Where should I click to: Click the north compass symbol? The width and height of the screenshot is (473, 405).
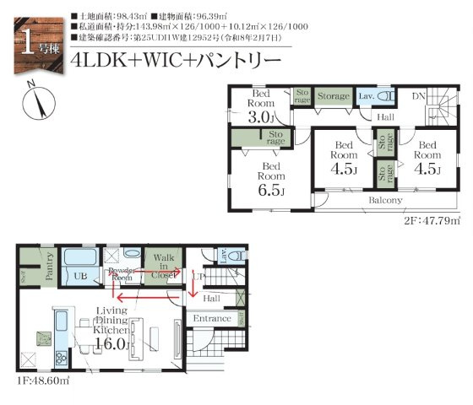pyautogui.click(x=34, y=102)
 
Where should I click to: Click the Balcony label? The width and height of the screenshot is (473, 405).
pyautogui.click(x=385, y=200)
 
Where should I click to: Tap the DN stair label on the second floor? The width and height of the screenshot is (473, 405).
pyautogui.click(x=418, y=96)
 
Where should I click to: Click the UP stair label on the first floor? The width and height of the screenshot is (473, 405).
pyautogui.click(x=199, y=276)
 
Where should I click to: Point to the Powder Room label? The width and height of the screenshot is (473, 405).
pyautogui.click(x=123, y=273)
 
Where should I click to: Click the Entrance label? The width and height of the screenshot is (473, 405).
pyautogui.click(x=212, y=318)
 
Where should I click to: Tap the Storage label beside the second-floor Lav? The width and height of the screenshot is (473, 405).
pyautogui.click(x=333, y=96)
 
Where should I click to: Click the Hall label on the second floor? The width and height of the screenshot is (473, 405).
pyautogui.click(x=386, y=117)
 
